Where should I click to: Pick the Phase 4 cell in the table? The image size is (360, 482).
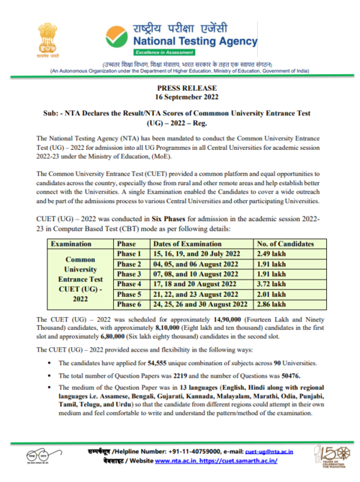[129, 285]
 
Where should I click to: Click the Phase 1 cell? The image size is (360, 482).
[129, 254]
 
